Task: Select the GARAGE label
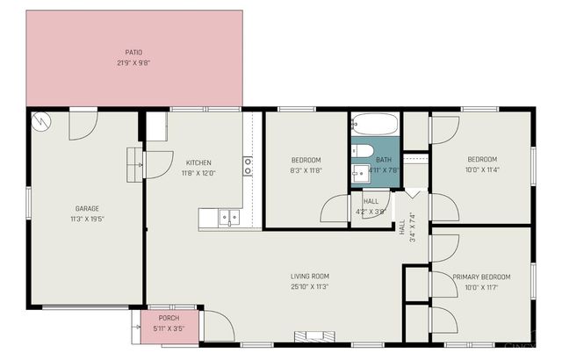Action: coord(86,208)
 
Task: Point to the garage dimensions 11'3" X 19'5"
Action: coord(86,219)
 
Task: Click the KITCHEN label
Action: coord(198,162)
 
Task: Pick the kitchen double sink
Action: coord(229,215)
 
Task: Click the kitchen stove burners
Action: coord(248,167)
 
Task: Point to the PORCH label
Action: coord(169,318)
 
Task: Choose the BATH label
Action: coord(384,160)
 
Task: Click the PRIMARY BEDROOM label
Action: coord(482,277)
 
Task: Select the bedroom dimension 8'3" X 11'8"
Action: coord(306,170)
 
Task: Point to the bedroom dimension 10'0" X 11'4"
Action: coord(482,169)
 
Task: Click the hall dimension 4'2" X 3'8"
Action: coord(371,212)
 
